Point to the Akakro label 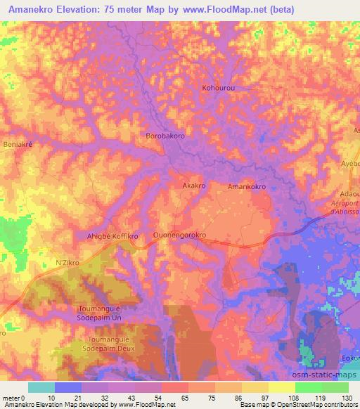coord(193,186)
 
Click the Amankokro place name coord(247,187)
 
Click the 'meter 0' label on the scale coord(13,398)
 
